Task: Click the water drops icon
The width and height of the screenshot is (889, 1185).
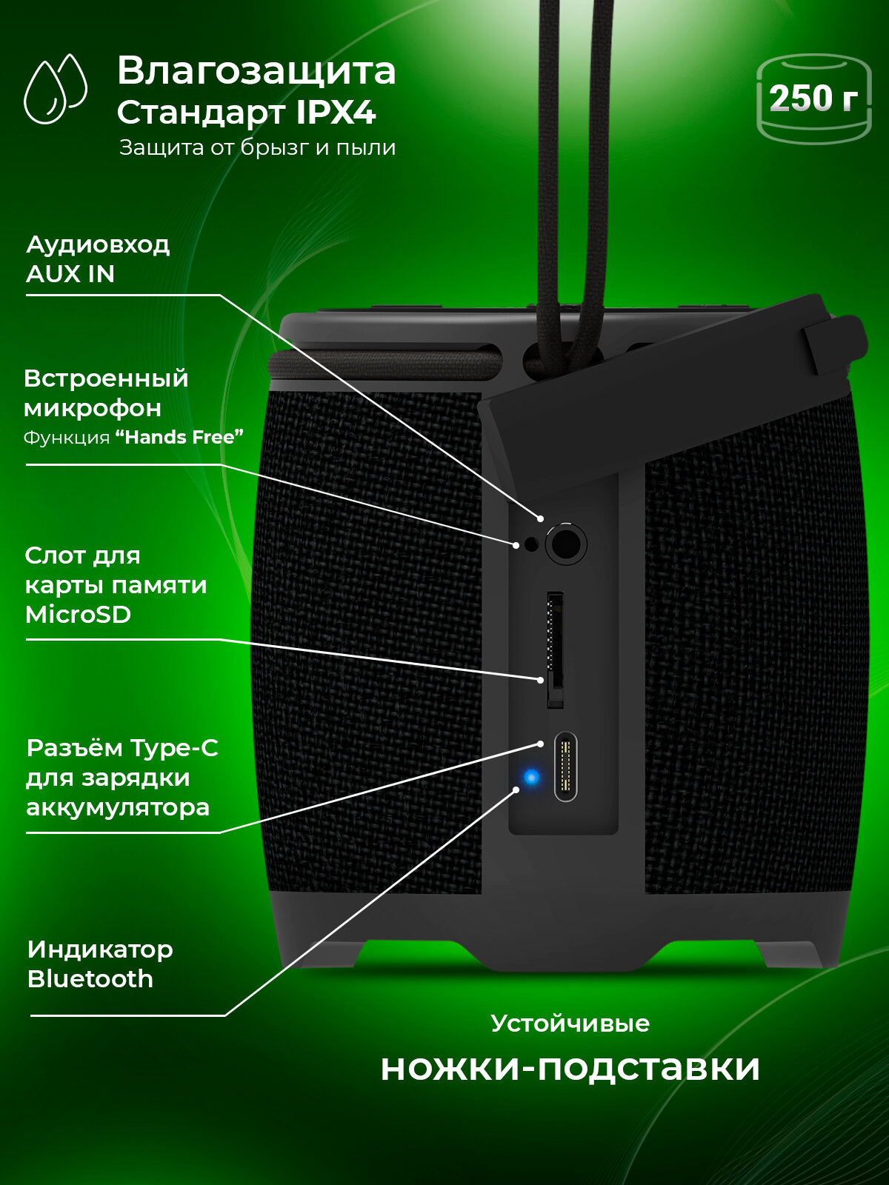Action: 55,89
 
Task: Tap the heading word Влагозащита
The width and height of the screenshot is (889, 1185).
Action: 256,70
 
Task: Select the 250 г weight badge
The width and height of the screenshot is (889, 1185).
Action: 813,99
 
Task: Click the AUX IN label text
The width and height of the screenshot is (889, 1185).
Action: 70,274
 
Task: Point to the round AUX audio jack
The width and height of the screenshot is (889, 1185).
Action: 566,544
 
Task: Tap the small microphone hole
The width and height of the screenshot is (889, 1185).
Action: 532,544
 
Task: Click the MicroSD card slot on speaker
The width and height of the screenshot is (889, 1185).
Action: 555,650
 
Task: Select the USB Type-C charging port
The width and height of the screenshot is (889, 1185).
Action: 565,766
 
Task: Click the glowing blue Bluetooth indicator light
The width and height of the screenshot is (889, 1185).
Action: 532,778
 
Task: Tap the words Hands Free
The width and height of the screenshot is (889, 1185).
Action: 180,437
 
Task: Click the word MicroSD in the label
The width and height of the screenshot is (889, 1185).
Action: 79,615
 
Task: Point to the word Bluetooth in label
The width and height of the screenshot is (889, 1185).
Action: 90,979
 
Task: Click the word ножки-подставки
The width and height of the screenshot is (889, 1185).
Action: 570,1067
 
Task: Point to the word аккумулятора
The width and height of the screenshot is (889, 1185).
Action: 118,808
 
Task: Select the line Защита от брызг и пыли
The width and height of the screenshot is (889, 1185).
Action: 258,148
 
